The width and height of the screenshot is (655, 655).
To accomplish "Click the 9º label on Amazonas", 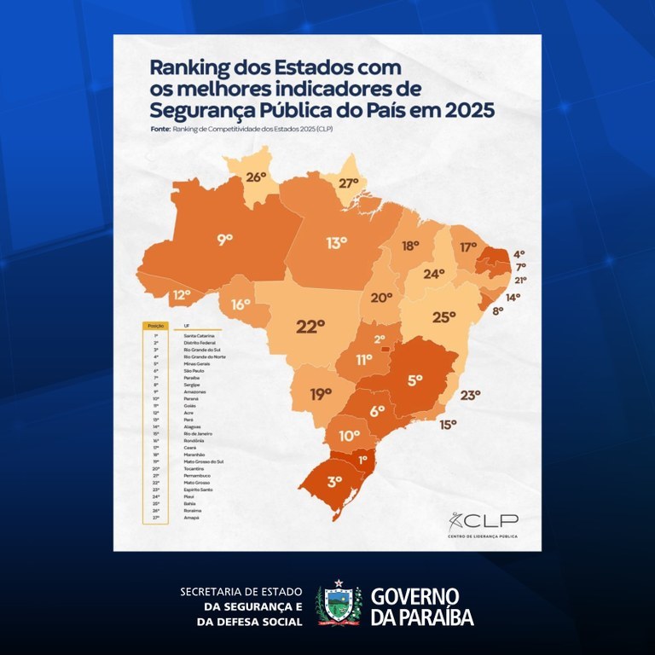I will [225, 241].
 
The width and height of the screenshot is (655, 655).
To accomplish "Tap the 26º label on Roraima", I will [257, 178].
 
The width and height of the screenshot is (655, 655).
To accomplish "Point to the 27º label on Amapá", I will [349, 183].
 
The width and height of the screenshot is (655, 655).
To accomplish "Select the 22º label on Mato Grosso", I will [310, 326].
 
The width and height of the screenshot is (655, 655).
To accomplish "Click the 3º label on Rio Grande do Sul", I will [335, 481].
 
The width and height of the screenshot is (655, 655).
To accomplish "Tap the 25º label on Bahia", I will [444, 317].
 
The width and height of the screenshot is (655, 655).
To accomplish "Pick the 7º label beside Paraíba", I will [519, 267].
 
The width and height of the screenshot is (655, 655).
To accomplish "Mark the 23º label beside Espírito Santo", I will [470, 395].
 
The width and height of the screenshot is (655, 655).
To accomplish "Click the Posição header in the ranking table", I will [155, 326].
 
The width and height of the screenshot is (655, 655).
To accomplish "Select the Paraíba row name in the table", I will [192, 379].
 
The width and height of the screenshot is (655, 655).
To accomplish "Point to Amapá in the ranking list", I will [190, 517].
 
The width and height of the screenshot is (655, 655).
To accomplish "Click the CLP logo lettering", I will [496, 520].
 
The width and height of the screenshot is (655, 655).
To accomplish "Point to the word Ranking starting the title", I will [189, 67].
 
